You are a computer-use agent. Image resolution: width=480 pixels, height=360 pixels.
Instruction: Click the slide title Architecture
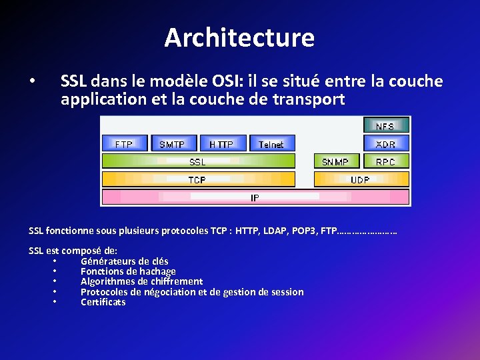point(239,37)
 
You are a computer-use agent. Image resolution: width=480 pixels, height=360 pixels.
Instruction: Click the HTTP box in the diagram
point(221,143)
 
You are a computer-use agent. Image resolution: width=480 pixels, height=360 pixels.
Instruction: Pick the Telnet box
point(271,143)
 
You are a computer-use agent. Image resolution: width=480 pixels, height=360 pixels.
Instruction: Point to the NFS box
point(385,125)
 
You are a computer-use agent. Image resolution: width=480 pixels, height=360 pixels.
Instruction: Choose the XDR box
point(385,143)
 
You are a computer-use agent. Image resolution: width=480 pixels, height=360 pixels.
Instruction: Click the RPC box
point(385,161)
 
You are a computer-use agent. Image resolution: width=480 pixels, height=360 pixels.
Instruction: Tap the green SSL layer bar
point(198,161)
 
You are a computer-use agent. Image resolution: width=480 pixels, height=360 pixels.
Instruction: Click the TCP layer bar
point(198,179)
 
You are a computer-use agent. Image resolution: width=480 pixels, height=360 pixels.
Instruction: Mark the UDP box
point(361,179)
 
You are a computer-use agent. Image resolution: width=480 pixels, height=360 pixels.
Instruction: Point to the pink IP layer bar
point(255,197)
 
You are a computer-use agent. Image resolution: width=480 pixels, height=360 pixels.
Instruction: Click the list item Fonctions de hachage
point(128,271)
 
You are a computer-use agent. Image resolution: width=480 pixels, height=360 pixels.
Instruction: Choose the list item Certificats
point(103,302)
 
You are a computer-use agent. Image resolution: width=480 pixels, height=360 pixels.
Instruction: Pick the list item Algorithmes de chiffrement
point(141,281)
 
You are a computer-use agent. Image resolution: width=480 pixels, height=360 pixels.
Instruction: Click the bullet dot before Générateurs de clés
point(53,261)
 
